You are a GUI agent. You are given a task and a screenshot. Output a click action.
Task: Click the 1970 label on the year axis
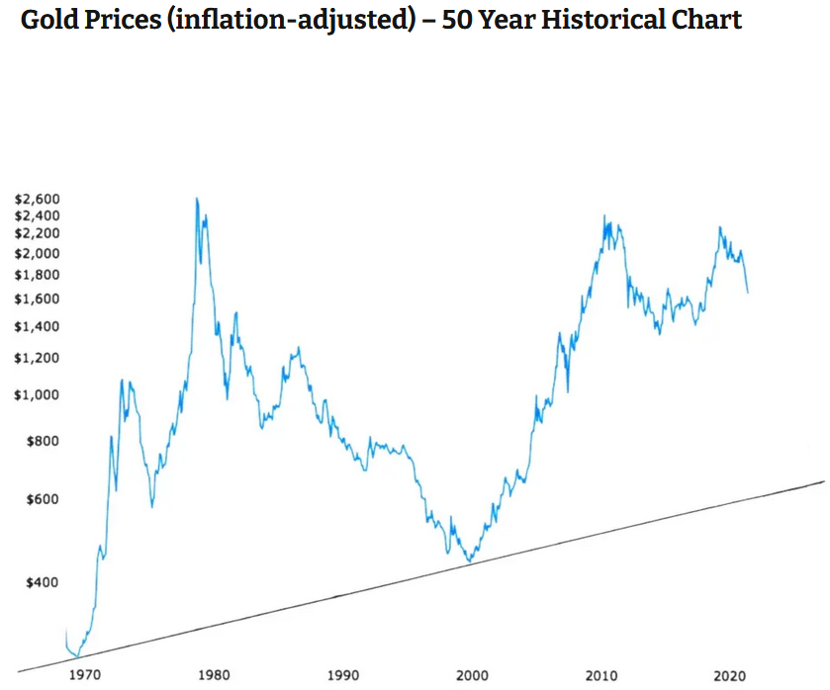(x=86, y=676)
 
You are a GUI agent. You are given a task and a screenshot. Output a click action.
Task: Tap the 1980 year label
(x=215, y=676)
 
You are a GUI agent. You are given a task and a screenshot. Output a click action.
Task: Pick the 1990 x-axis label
(x=343, y=676)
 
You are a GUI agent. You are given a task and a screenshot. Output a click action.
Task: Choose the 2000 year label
(x=472, y=676)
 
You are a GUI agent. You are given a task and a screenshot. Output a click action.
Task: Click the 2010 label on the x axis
(x=600, y=676)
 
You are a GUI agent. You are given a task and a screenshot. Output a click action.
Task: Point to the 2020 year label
(x=729, y=676)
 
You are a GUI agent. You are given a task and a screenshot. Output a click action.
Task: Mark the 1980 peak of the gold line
(x=196, y=199)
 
